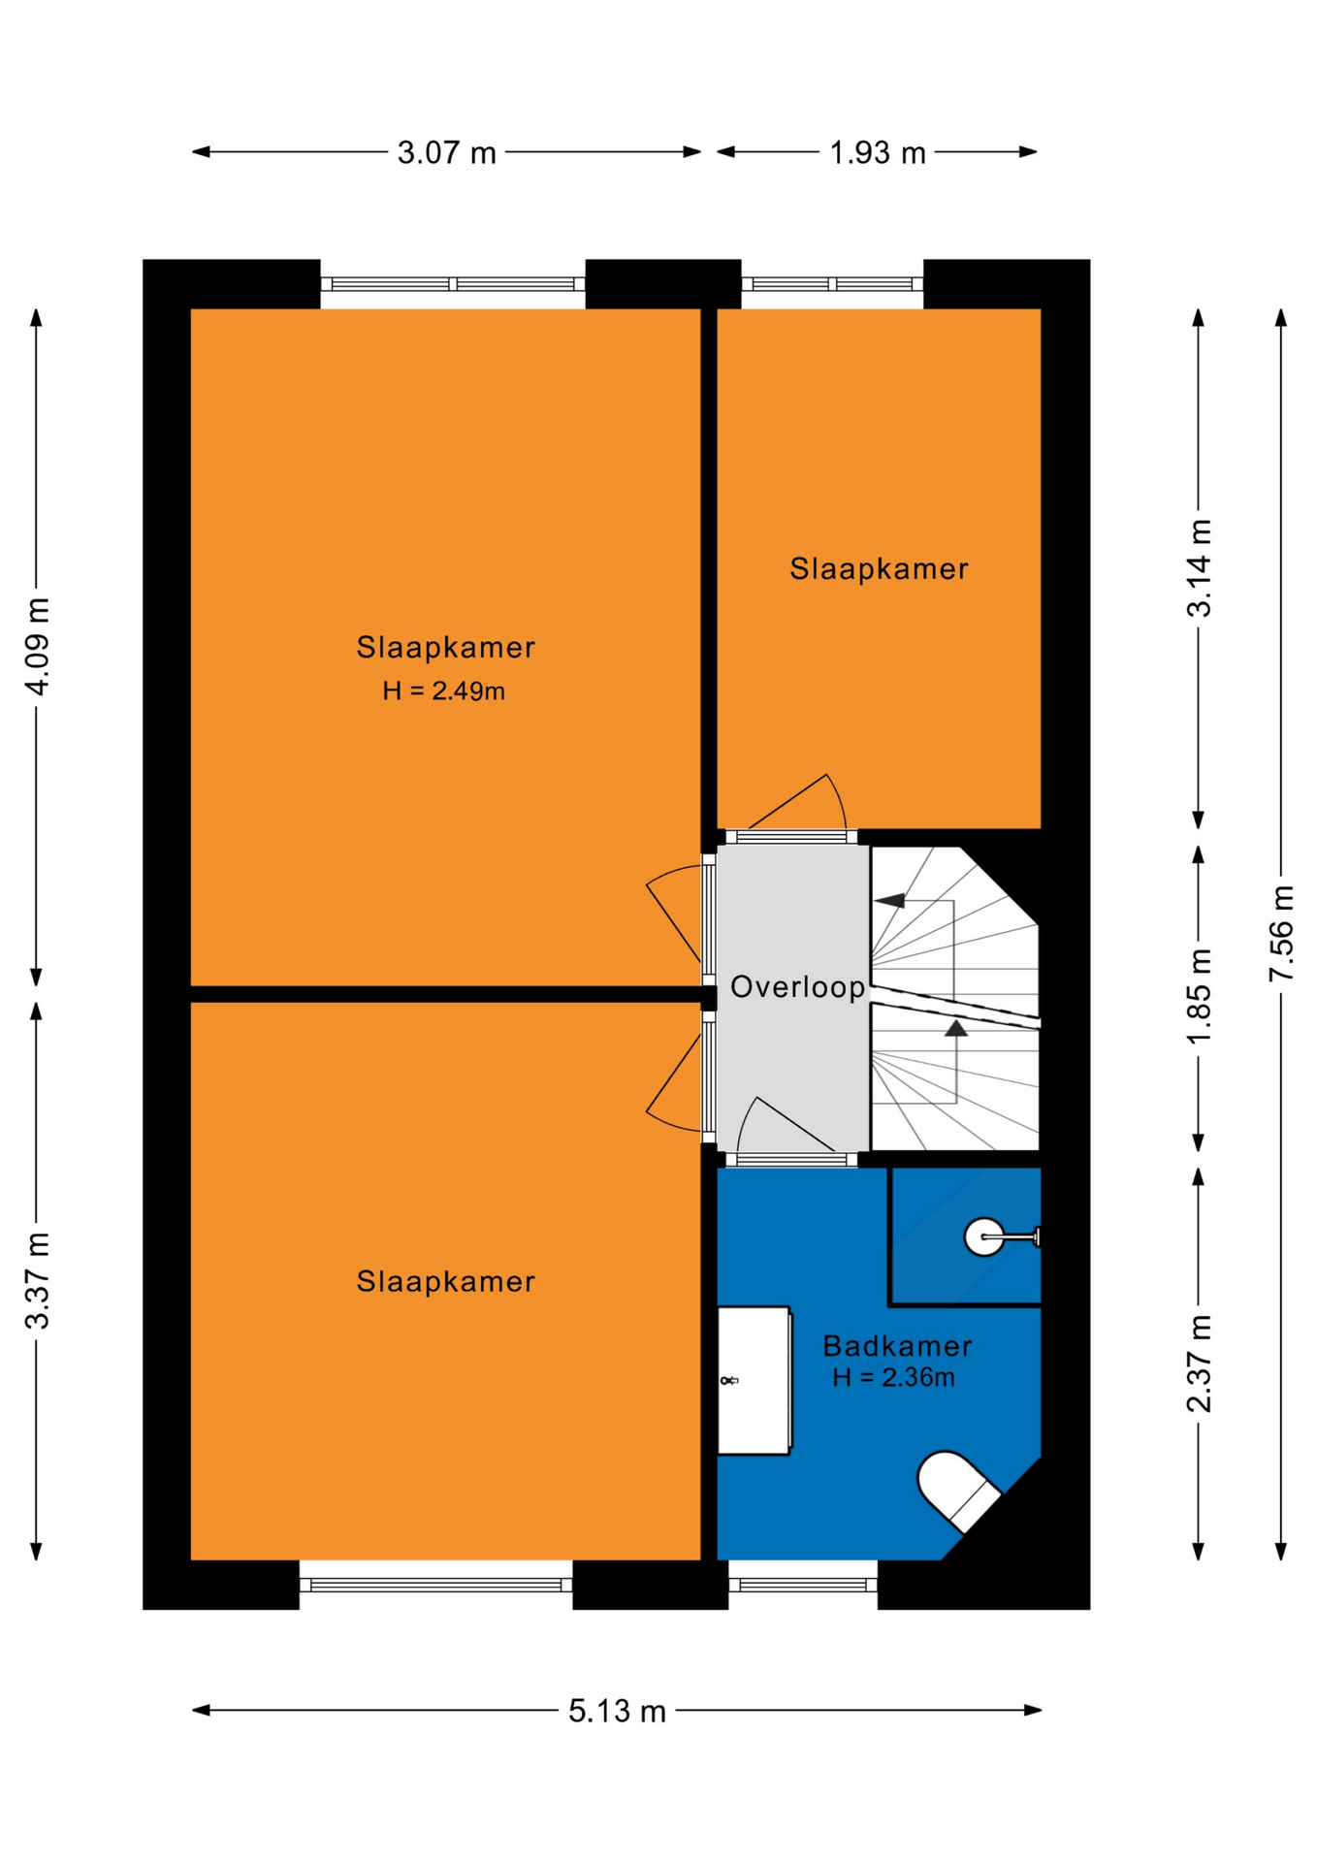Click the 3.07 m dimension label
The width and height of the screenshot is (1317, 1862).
[446, 152]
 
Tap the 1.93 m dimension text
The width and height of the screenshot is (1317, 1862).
[878, 152]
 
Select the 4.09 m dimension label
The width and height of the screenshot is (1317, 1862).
[37, 646]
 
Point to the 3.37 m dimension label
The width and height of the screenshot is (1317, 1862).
[37, 1280]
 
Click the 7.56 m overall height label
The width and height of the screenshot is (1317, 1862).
[1281, 933]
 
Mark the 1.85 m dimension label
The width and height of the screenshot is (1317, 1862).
[1200, 996]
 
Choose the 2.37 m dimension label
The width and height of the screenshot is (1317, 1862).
[1200, 1363]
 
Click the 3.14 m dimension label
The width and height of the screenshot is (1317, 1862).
[1200, 568]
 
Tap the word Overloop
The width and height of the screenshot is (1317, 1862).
[797, 987]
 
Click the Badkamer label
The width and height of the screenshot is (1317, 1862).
[897, 1345]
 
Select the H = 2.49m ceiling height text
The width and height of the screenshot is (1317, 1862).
[443, 690]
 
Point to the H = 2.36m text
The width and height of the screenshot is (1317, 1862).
[893, 1377]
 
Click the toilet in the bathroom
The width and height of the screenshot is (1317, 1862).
[958, 1491]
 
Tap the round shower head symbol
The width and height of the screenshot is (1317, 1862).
[983, 1236]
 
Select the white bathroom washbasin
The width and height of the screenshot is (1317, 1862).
[754, 1380]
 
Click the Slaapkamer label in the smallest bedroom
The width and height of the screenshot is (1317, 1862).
[879, 568]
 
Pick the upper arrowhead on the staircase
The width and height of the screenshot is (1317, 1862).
[890, 900]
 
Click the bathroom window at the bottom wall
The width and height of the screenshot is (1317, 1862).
[803, 1585]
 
